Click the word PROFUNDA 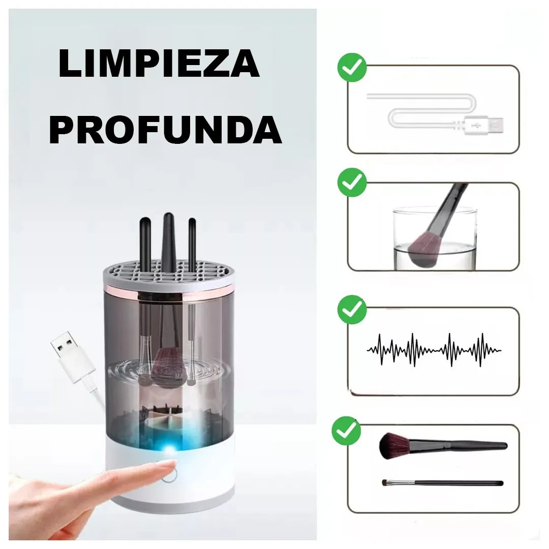pos(165,130)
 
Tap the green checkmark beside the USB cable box pos(352,67)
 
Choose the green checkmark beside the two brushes pos(346,431)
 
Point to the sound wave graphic pos(434,350)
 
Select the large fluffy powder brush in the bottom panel pos(396,445)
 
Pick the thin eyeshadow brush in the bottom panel pos(442,482)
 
